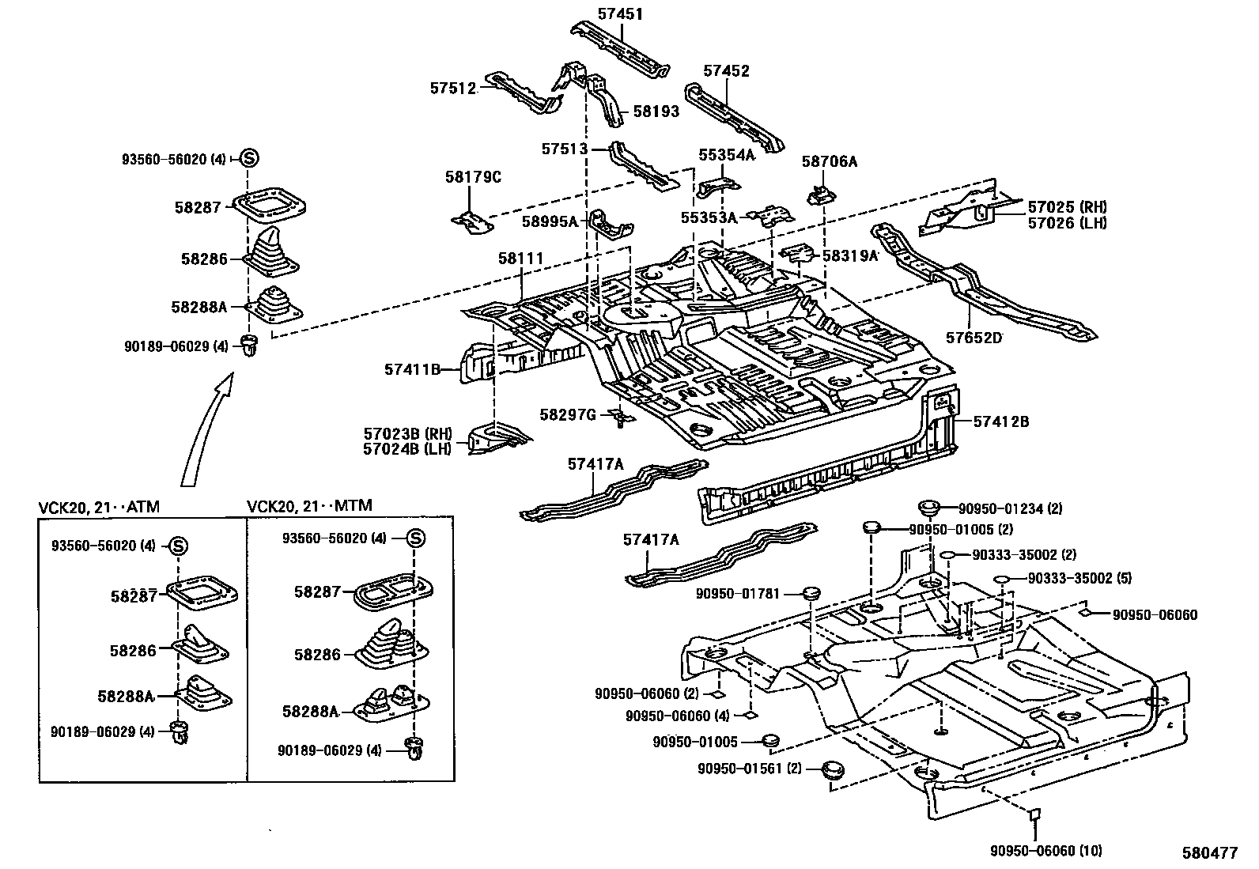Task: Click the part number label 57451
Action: [620, 13]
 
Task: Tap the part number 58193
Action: [656, 111]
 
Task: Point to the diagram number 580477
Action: [1209, 853]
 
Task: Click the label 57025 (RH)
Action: [1067, 207]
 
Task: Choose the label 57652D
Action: [974, 338]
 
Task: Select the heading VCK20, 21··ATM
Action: [99, 507]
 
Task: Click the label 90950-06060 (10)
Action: [1045, 851]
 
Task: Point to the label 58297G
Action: [567, 414]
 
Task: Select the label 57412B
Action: [1000, 421]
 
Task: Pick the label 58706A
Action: [829, 161]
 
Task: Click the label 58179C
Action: [473, 176]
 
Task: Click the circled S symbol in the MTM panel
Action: [417, 538]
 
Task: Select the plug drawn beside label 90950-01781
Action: [810, 593]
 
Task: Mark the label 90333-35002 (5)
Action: [1079, 578]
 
